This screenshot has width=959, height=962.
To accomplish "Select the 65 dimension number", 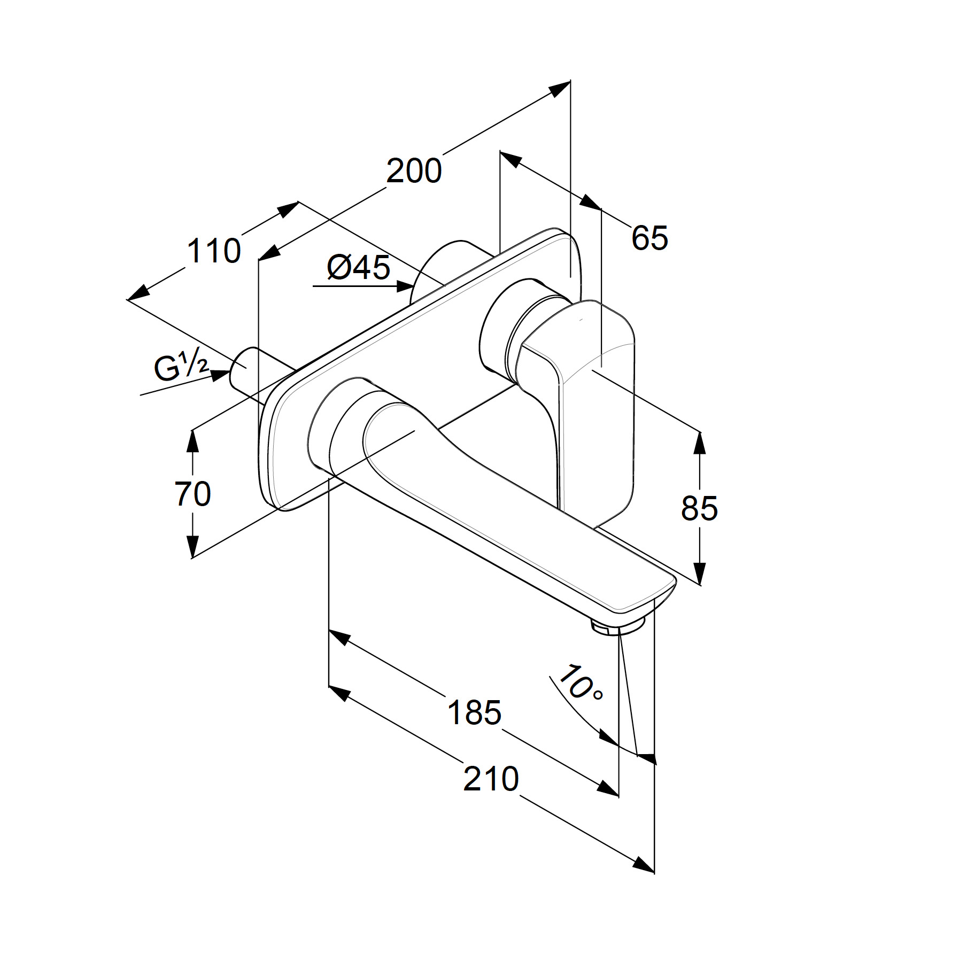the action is (649, 238).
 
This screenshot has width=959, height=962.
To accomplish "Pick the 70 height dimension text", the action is (193, 494).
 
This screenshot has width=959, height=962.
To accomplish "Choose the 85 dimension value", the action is (699, 508).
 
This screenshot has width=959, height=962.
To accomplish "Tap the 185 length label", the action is (475, 713).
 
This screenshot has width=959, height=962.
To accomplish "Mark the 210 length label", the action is (491, 779).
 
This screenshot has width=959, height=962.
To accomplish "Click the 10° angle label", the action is (580, 683).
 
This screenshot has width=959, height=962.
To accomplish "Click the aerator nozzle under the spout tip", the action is (617, 625).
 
